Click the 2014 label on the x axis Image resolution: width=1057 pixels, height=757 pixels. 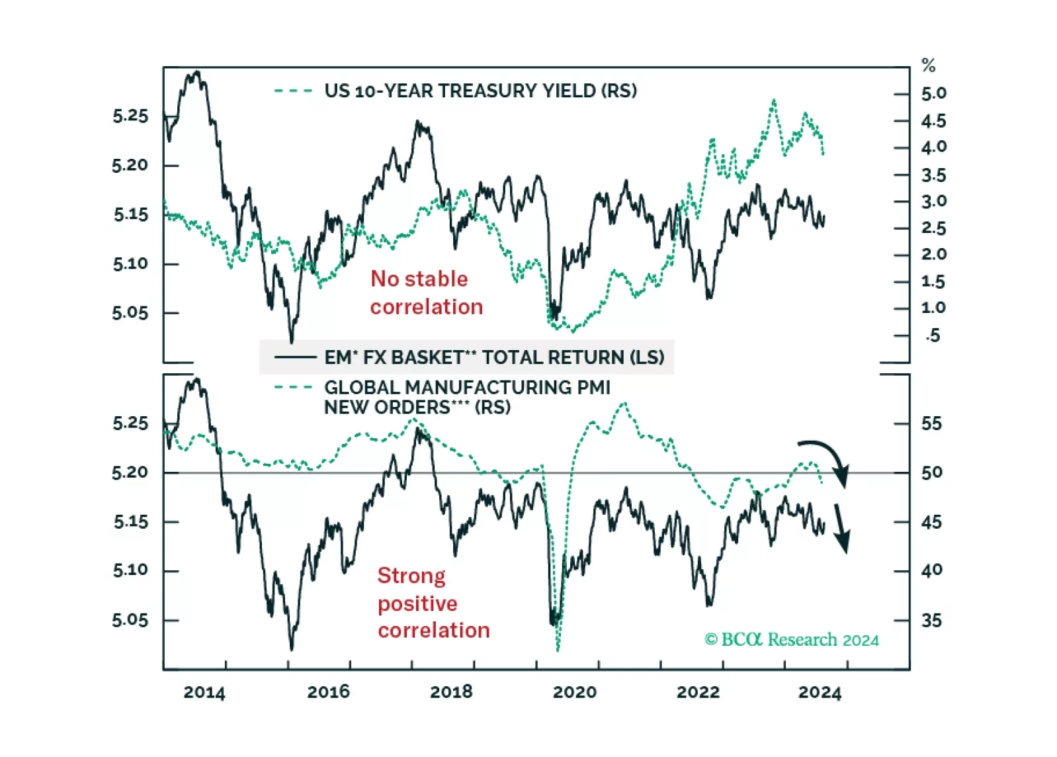pos(204,692)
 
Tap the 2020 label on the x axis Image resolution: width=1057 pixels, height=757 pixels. pos(574,692)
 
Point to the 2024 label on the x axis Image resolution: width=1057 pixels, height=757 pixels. pos(820,692)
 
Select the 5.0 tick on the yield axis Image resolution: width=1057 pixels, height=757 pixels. pos(933,93)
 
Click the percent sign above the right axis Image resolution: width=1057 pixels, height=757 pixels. pos(928,66)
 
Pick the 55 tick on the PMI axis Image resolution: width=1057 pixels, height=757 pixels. pos(931,423)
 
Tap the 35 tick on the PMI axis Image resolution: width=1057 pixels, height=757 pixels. pos(931,621)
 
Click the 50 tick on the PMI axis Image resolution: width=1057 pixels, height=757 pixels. pos(931,472)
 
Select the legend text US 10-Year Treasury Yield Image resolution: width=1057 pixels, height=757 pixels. pos(480,91)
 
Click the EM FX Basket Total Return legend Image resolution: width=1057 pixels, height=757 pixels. pos(493,357)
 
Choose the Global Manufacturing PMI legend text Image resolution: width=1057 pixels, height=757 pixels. pos(467,397)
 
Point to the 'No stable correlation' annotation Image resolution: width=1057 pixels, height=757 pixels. pos(426,292)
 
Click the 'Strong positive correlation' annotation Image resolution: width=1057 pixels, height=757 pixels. pos(433,603)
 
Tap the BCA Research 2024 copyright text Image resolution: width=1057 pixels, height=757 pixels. pos(791,639)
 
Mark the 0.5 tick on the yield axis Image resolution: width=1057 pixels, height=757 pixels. pos(933,335)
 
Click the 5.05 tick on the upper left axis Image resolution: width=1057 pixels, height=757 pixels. pos(130,312)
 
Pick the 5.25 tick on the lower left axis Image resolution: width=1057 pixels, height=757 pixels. pos(130,423)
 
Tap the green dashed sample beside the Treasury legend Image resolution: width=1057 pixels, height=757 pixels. pos(293,91)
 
